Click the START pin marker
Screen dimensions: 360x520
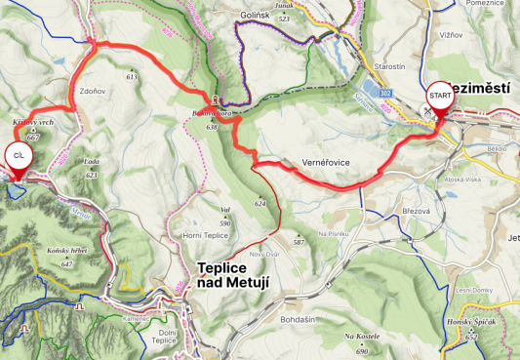pyautogui.click(x=439, y=98)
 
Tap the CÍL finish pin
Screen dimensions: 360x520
pyautogui.click(x=17, y=156)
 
